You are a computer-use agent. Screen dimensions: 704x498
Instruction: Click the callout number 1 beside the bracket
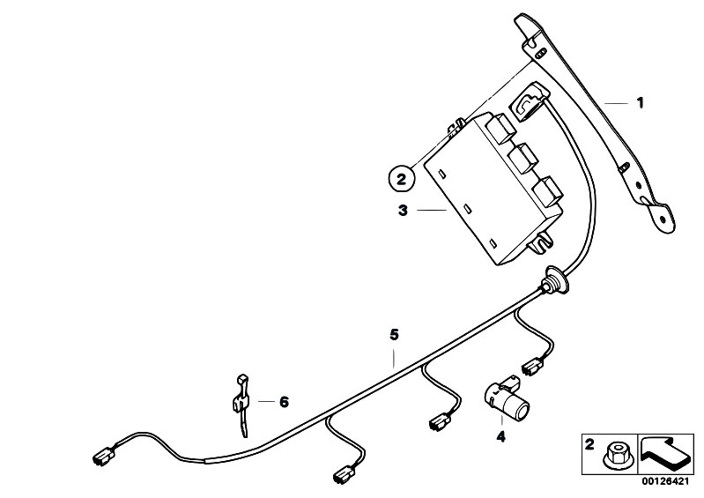click(641, 103)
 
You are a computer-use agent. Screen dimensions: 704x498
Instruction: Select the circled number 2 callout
click(401, 179)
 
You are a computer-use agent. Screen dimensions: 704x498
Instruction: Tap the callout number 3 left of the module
click(403, 210)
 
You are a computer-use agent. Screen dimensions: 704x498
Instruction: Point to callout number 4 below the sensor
click(500, 435)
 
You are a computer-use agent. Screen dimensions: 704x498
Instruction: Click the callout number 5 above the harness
click(394, 334)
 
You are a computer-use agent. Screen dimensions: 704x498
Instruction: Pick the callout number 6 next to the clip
click(284, 401)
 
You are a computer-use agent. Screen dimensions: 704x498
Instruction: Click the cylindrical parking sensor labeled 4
click(507, 396)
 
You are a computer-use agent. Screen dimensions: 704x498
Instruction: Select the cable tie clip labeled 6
click(241, 404)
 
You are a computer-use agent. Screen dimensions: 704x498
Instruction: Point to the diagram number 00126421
click(665, 482)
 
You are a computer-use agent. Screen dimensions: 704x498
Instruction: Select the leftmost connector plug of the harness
click(104, 455)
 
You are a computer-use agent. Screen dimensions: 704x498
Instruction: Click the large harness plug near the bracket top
click(529, 100)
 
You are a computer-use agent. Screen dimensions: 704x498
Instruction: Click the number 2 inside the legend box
click(589, 445)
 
